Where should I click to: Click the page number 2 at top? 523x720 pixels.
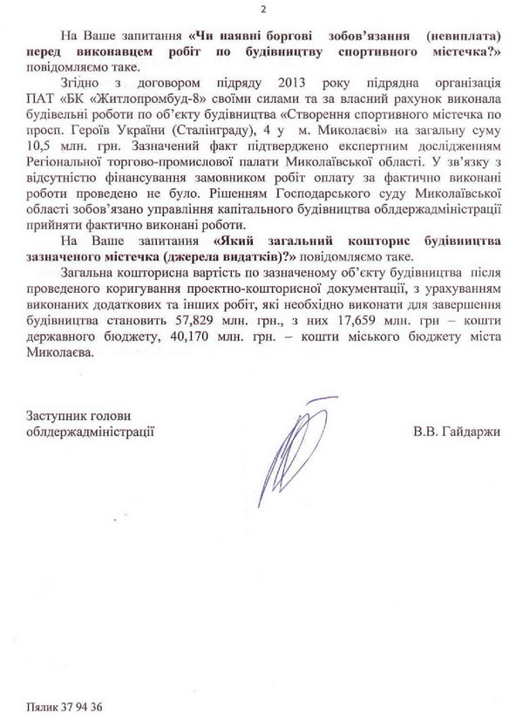click(262, 9)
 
